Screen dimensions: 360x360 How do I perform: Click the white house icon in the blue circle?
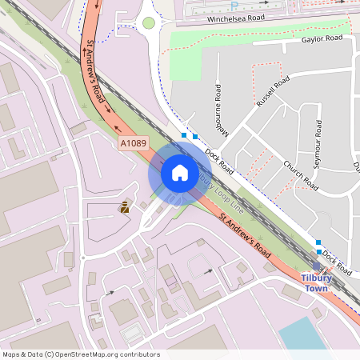click(180, 173)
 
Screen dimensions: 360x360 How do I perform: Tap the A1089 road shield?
click(134, 143)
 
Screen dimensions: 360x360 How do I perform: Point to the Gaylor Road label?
click(322, 38)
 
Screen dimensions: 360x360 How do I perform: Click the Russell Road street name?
click(273, 93)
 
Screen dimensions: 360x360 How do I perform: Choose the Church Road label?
click(301, 175)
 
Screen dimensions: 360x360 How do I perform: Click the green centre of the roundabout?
click(148, 22)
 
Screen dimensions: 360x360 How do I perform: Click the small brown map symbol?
click(124, 207)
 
